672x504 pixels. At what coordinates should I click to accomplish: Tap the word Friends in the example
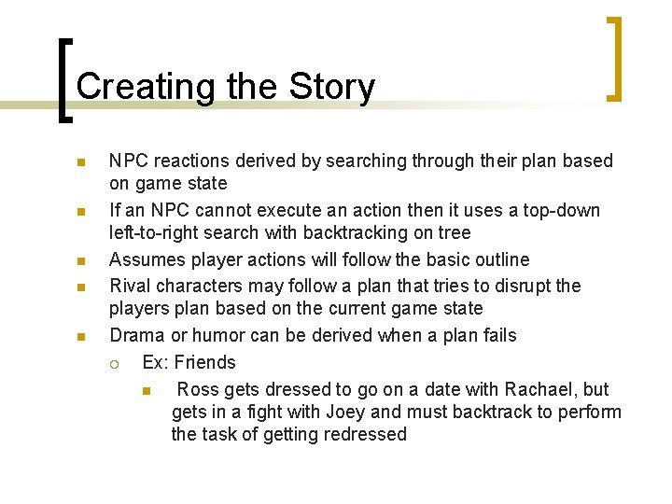(205, 362)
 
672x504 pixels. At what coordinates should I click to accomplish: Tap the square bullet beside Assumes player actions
(81, 260)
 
